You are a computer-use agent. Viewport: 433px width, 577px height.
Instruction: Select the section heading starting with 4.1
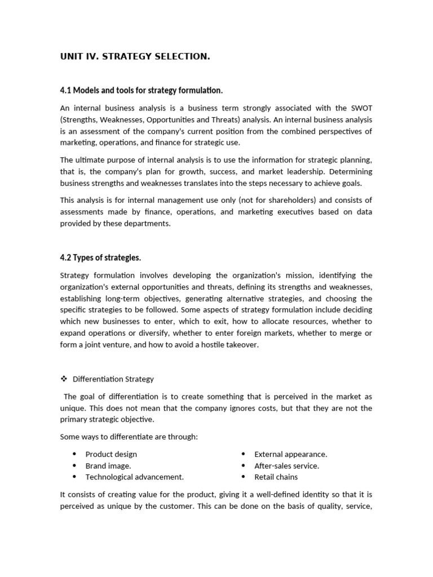142,90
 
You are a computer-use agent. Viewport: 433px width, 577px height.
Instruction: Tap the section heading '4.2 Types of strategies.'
100,258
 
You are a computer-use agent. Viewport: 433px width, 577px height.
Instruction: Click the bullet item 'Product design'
111,454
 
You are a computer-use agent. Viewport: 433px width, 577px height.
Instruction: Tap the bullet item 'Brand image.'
108,465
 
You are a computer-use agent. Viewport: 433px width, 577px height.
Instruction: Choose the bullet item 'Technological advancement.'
135,477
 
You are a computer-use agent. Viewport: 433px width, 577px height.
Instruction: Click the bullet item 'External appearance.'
291,454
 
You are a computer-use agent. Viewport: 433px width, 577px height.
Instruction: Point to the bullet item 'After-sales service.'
287,465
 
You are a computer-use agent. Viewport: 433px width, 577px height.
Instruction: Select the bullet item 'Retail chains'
276,477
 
